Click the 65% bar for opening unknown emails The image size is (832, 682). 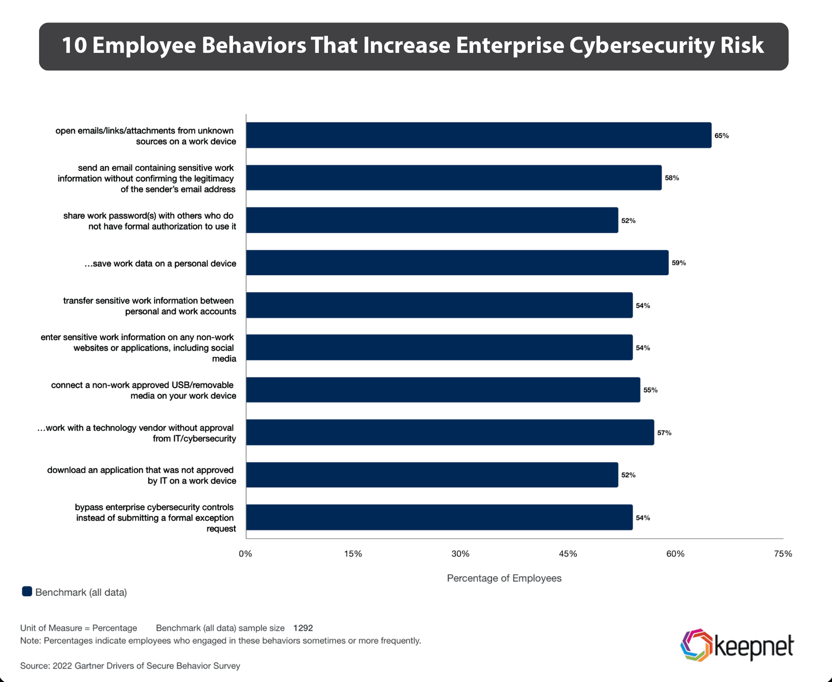pos(478,135)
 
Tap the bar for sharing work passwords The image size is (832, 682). pos(432,220)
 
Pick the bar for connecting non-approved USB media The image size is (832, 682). pos(443,390)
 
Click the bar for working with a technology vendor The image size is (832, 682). pos(450,432)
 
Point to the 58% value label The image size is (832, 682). pos(672,178)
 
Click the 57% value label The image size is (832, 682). pos(664,432)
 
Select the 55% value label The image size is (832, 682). pos(650,390)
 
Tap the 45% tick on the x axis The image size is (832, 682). pos(568,554)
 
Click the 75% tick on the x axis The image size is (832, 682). pos(783,554)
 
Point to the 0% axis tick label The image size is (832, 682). pos(245,554)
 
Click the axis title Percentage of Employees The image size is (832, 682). pos(504,578)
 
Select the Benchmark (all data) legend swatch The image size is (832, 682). pos(27,592)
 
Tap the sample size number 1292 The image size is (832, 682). pos(303,627)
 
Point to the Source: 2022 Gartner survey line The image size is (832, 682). pos(130,665)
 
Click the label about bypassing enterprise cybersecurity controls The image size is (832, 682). pos(155,517)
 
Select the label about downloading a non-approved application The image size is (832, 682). pos(141,475)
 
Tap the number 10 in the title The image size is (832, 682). pos(73,46)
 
